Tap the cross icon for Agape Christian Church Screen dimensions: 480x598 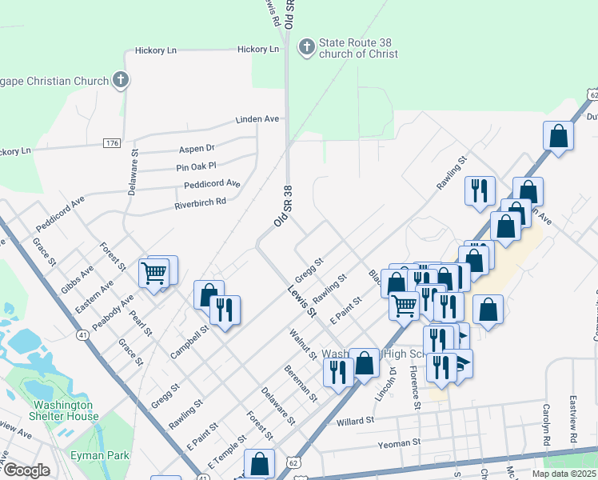121,80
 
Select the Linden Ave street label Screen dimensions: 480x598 257,119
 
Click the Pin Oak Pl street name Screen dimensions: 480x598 196,167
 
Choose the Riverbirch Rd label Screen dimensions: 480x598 201,202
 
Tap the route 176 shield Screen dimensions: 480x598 112,143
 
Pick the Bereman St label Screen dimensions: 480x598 301,383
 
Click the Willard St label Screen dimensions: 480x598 356,421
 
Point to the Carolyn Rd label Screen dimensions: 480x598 548,424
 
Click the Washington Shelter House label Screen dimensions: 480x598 66,410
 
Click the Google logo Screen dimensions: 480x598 26,470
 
